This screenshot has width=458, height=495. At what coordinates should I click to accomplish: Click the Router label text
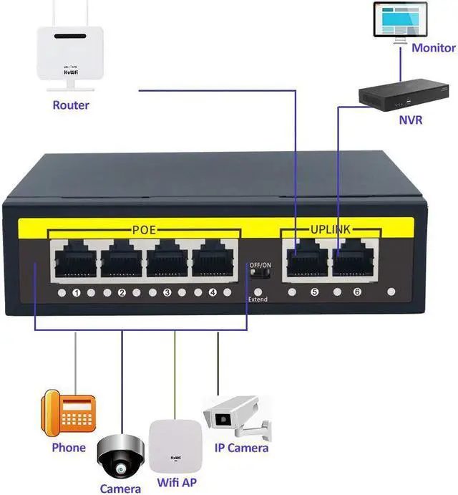click(x=71, y=105)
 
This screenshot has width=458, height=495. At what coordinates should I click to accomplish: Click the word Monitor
click(x=433, y=48)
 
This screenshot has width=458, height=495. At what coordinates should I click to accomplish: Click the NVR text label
click(x=410, y=120)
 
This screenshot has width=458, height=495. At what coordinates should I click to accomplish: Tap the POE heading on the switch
click(x=145, y=229)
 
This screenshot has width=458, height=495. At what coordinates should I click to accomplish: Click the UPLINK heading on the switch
click(x=330, y=229)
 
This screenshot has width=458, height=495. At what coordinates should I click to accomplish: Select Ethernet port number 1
click(x=75, y=259)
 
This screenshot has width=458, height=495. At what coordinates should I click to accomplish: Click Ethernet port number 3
click(x=168, y=259)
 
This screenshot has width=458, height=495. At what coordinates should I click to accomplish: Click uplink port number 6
click(x=353, y=259)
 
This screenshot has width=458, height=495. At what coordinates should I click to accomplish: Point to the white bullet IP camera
click(x=236, y=418)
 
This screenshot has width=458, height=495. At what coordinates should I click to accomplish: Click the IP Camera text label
click(x=242, y=448)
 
